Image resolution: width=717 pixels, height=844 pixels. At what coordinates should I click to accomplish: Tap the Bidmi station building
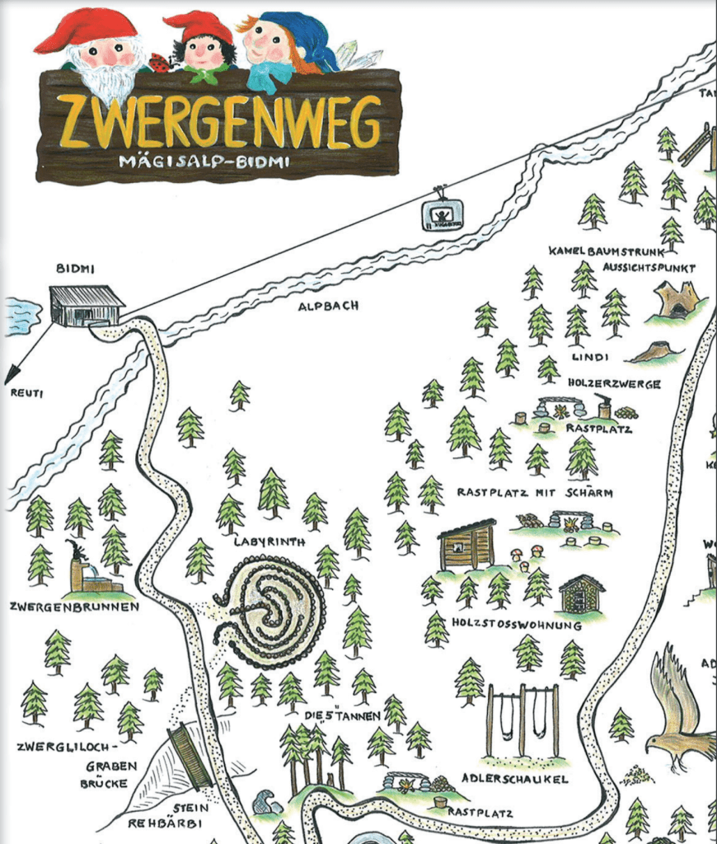(x=86, y=306)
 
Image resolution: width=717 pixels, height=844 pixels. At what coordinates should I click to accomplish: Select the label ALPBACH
(x=329, y=305)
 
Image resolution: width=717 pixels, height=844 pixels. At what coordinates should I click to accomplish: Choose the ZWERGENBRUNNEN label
(x=74, y=607)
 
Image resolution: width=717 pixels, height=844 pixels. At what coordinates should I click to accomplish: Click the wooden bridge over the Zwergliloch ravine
(x=190, y=756)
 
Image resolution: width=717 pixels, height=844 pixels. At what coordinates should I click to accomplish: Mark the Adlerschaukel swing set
(x=522, y=721)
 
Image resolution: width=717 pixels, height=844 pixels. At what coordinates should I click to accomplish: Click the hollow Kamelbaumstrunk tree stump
(x=677, y=299)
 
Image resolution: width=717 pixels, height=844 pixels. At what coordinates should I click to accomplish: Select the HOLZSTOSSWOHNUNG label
(x=516, y=625)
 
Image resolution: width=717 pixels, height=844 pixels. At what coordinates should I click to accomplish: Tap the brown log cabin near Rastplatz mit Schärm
(x=466, y=545)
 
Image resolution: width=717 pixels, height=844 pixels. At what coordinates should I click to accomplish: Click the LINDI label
(x=589, y=357)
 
